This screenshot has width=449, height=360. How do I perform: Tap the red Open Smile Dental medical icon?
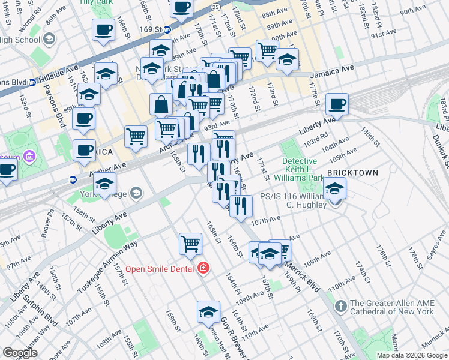click(203, 268)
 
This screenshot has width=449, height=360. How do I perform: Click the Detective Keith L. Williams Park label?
click(300, 169)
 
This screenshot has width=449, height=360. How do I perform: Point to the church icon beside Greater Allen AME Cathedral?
click(340, 307)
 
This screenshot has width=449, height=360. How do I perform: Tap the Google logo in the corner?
click(20, 353)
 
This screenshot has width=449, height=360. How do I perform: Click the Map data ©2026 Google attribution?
click(412, 355)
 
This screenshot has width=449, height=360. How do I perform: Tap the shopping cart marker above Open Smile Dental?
click(190, 243)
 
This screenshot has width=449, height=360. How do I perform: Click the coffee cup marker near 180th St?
click(337, 104)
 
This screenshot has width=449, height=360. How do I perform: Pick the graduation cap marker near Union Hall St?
click(208, 311)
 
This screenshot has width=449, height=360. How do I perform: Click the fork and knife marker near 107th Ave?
click(241, 206)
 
